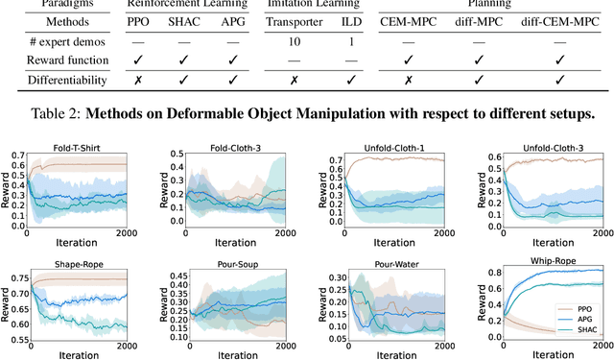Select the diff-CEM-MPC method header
(x=568, y=20)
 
